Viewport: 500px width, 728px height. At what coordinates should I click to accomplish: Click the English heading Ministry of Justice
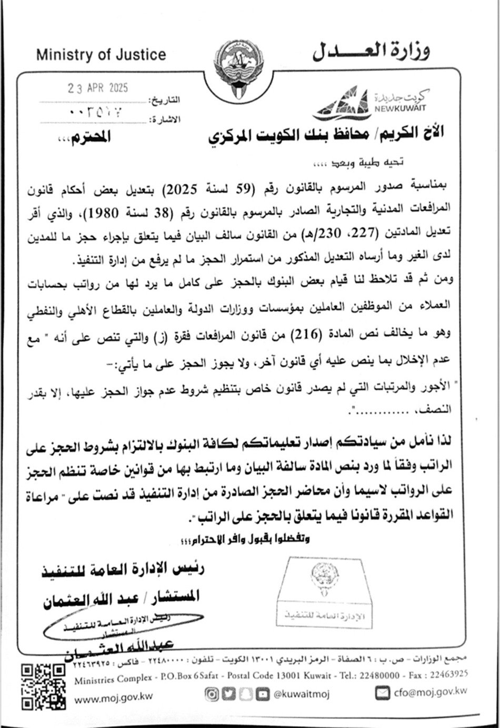point(101,55)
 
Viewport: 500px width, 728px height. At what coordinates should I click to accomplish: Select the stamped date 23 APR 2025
point(97,88)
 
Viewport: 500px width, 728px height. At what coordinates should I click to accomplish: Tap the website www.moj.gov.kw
point(114,699)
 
